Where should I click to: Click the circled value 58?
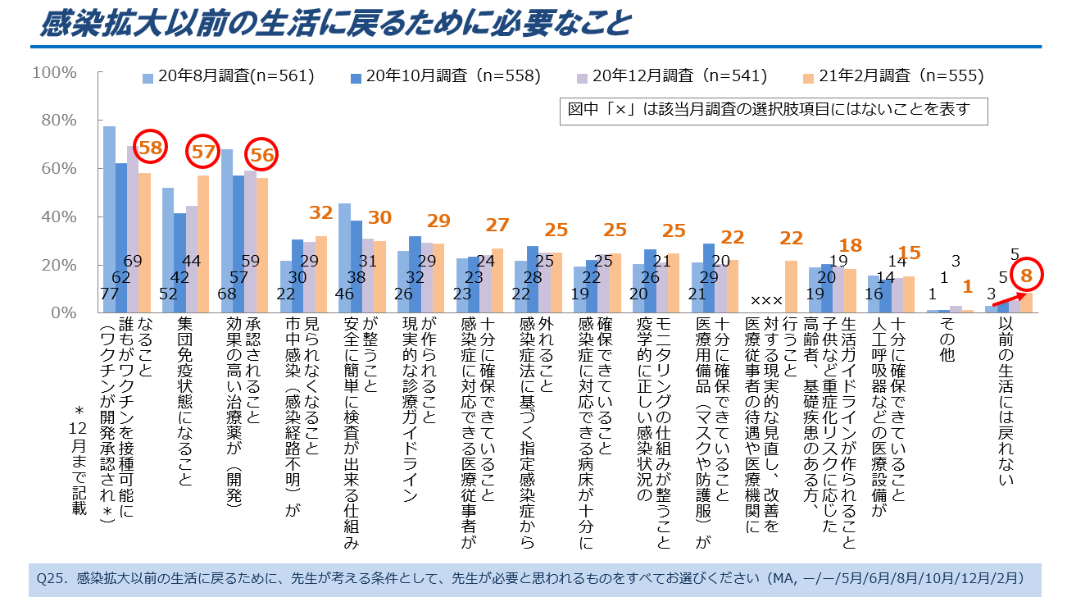(150, 148)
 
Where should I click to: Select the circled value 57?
(203, 151)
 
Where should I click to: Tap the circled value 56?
(261, 154)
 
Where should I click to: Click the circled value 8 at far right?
(1025, 276)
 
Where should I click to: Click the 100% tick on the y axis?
(54, 72)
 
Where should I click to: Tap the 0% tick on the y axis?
(64, 313)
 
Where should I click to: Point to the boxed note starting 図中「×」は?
(770, 109)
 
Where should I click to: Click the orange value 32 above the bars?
(320, 212)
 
